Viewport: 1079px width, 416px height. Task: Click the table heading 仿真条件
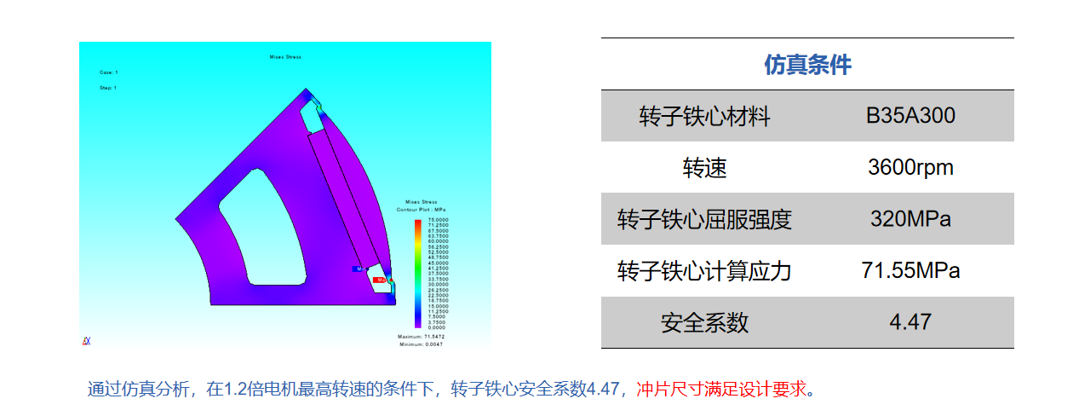click(x=807, y=65)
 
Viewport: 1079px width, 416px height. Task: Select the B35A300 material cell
click(x=910, y=116)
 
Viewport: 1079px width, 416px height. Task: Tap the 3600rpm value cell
click(x=910, y=168)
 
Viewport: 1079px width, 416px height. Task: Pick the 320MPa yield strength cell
click(x=910, y=219)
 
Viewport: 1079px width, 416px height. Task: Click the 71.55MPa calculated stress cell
click(x=910, y=271)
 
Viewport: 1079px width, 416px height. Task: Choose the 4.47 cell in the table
click(x=910, y=322)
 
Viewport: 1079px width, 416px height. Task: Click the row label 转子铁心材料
click(x=704, y=117)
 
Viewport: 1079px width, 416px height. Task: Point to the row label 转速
click(x=704, y=168)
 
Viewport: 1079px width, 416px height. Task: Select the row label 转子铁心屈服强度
click(x=704, y=220)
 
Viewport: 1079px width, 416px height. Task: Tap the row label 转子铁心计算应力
click(x=704, y=272)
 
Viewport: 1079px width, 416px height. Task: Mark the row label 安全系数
click(x=704, y=323)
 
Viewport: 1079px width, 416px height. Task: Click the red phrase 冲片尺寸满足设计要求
click(x=720, y=390)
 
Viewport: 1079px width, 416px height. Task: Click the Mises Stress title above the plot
click(x=285, y=57)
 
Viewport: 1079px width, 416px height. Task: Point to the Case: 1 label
click(x=109, y=72)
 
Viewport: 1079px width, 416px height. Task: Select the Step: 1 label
click(x=108, y=87)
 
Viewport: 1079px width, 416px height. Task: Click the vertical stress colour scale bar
click(x=417, y=274)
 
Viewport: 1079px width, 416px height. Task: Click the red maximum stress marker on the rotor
click(x=380, y=279)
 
